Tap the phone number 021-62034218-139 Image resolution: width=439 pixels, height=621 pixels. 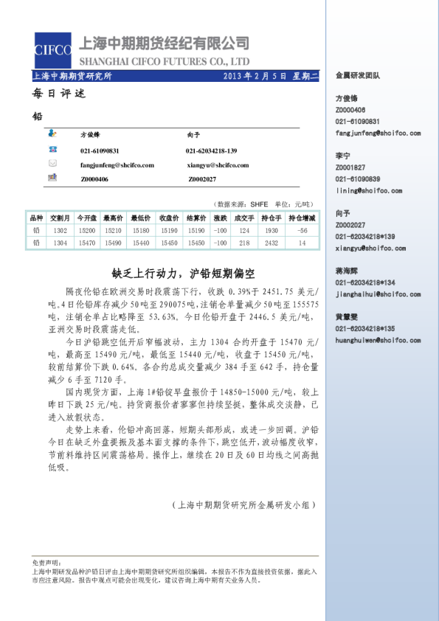pos(211,150)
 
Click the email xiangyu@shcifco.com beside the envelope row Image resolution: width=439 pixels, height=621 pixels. pos(218,165)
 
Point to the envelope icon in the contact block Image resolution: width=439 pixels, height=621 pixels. pos(52,163)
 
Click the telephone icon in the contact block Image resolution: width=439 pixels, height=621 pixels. pos(52,150)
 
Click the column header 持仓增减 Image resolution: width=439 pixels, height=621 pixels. pos(302,218)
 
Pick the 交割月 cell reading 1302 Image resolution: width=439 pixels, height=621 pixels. pos(61,230)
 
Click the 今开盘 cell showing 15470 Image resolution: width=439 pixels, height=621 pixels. pos(87,242)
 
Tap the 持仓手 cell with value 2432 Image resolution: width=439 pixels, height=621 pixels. pos(271,242)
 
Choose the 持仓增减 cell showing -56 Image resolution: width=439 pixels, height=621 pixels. pos(302,230)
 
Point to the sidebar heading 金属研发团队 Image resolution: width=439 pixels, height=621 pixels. pos(358,74)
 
